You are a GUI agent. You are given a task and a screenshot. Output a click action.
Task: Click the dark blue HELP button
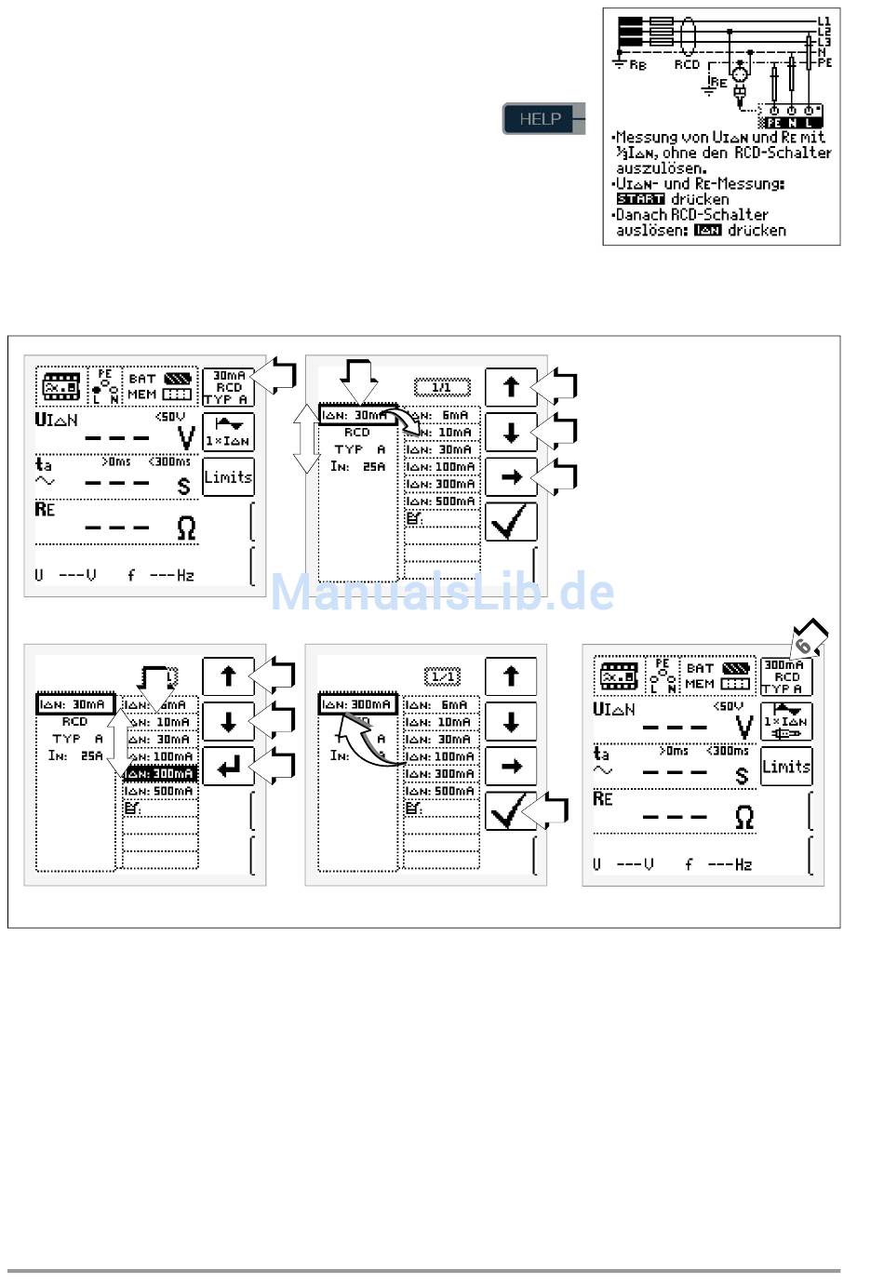click(540, 119)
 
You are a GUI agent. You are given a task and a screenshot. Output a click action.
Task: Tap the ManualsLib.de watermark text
click(442, 593)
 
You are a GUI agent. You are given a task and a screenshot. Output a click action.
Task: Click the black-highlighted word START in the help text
click(640, 199)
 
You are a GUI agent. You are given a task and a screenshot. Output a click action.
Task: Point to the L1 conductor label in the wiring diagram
click(824, 20)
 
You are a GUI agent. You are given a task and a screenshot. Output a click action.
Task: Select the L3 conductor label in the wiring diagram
click(824, 42)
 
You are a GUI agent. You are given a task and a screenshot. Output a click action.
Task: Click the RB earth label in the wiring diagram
click(637, 65)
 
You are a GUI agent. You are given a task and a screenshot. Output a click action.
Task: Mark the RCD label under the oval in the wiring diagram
click(687, 65)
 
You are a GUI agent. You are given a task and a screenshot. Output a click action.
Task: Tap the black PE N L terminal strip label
click(789, 123)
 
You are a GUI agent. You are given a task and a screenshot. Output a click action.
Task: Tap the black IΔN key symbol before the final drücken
click(708, 231)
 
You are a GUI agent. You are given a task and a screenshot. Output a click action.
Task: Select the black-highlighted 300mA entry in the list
click(160, 774)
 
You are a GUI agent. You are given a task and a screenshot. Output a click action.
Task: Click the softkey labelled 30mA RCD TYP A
click(228, 387)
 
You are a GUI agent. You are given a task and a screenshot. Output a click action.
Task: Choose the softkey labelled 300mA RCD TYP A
click(785, 676)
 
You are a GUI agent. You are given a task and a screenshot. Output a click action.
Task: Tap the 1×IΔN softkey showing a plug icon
click(785, 722)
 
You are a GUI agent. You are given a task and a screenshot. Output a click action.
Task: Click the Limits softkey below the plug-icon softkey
click(785, 767)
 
